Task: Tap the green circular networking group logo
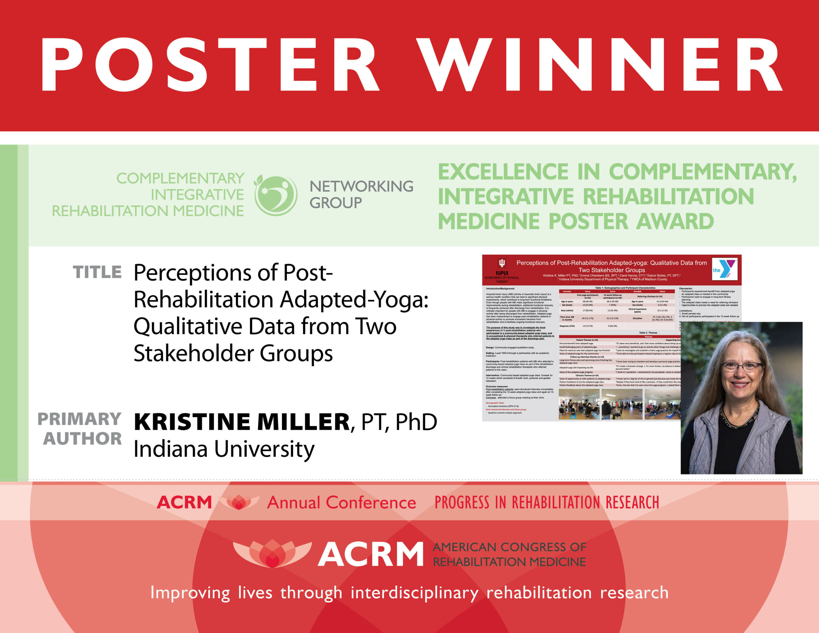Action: (276, 195)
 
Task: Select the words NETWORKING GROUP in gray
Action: (361, 194)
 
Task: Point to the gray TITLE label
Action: (97, 272)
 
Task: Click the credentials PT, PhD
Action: (399, 422)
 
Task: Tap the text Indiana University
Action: (224, 449)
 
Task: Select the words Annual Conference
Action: (341, 503)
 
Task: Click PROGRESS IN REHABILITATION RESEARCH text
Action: (546, 503)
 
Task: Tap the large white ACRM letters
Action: (370, 554)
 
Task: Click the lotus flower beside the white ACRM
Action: (272, 553)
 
